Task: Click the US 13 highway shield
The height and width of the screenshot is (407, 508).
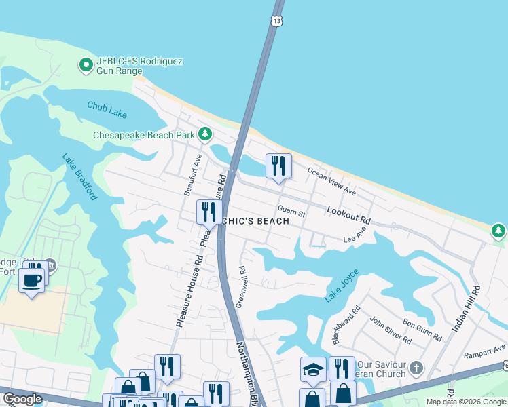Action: (276, 21)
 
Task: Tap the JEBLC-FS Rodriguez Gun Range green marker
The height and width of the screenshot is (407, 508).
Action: (86, 65)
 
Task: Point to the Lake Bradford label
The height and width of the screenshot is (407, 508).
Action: (79, 177)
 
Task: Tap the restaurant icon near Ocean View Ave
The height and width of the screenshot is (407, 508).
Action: (278, 166)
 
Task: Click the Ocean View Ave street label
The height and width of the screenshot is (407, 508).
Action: (332, 181)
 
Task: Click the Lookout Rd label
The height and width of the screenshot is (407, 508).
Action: (348, 216)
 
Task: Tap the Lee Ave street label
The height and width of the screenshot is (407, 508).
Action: (355, 236)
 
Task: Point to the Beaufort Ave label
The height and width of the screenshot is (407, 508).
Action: (194, 174)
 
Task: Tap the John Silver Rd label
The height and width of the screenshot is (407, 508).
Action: (390, 329)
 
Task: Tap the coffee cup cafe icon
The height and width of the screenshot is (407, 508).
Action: (31, 279)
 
